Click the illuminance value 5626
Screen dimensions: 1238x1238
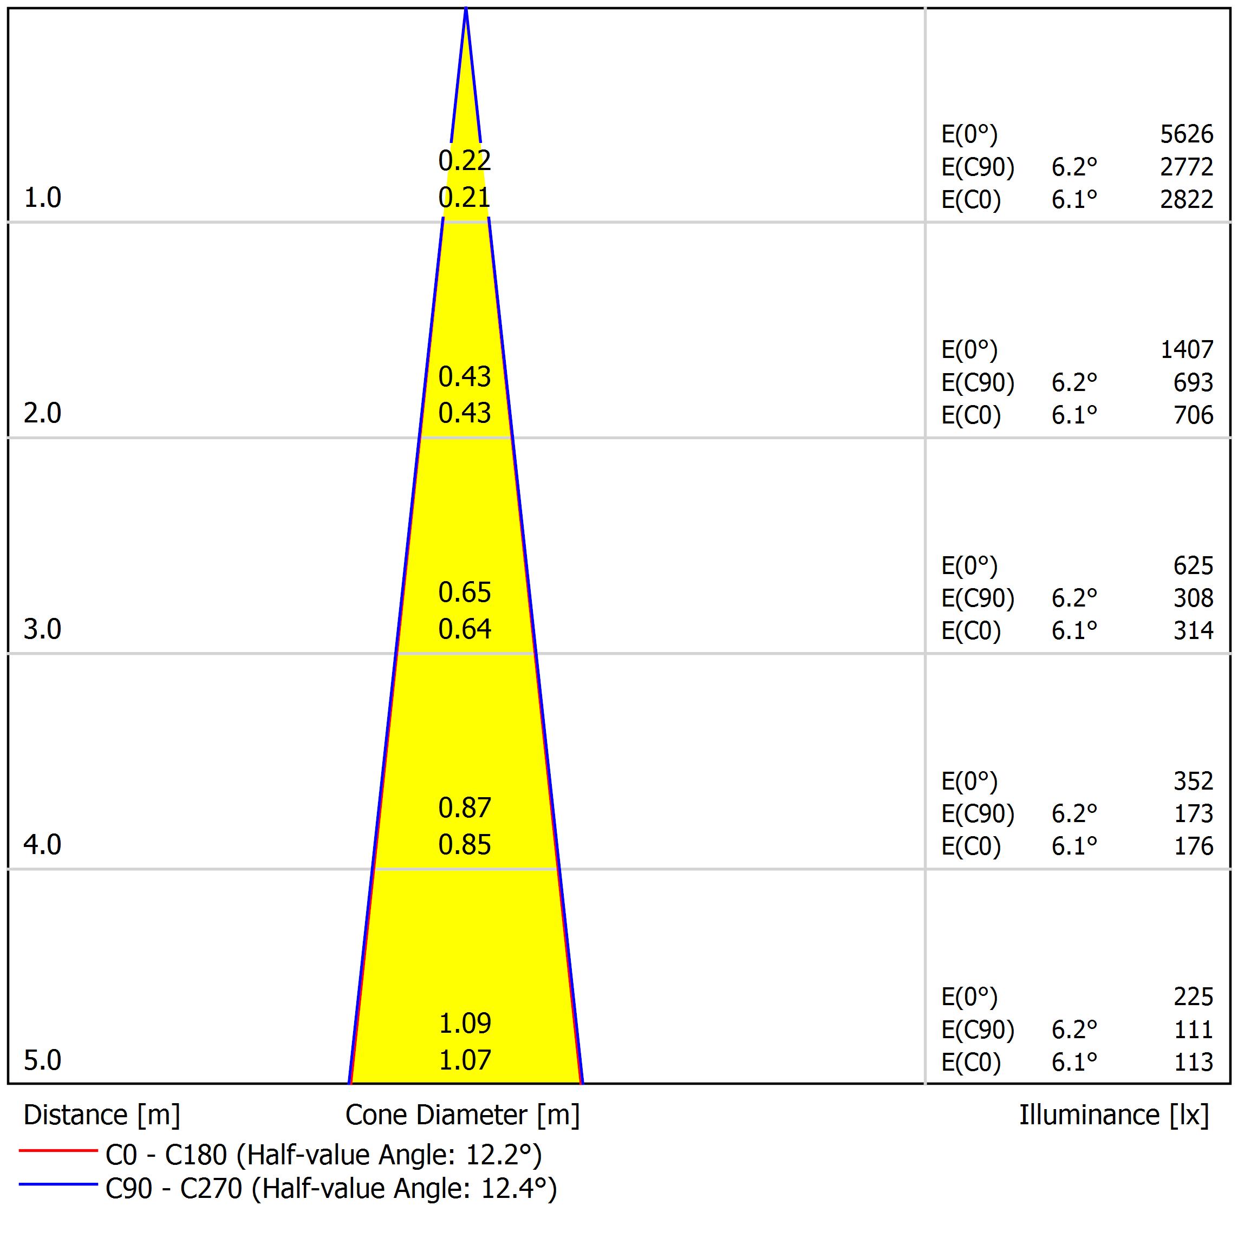(1186, 134)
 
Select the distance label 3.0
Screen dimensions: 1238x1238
(42, 629)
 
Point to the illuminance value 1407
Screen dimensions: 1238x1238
(1186, 350)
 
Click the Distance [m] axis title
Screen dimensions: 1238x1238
(102, 1116)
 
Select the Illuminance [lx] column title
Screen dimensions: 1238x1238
(1113, 1116)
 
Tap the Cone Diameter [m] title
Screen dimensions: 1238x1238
(462, 1116)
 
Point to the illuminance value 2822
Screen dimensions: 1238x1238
(1186, 200)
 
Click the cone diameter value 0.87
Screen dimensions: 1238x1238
(465, 808)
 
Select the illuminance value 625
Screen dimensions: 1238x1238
(1193, 566)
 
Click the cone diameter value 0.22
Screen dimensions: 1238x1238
(465, 160)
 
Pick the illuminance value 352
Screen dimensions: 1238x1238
(1193, 781)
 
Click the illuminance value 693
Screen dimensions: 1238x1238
(1193, 382)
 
